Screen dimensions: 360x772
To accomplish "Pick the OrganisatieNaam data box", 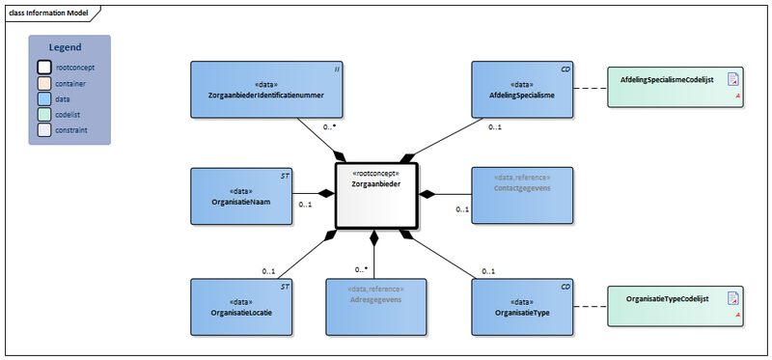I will [241, 196].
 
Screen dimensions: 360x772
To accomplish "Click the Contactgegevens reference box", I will [522, 196].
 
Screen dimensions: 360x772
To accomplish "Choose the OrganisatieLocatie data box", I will [241, 306].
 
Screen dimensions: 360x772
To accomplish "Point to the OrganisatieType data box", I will [521, 306].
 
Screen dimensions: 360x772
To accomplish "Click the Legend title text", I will [66, 46].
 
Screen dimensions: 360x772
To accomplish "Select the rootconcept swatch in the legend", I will [44, 68].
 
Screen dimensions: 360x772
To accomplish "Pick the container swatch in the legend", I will [44, 84].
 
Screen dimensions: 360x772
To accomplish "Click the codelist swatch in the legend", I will [44, 114].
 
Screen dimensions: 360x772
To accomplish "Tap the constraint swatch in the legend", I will [44, 129].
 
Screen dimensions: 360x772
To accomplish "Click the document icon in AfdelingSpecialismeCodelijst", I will [732, 79].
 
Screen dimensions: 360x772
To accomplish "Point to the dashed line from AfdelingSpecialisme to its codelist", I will [591, 89].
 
